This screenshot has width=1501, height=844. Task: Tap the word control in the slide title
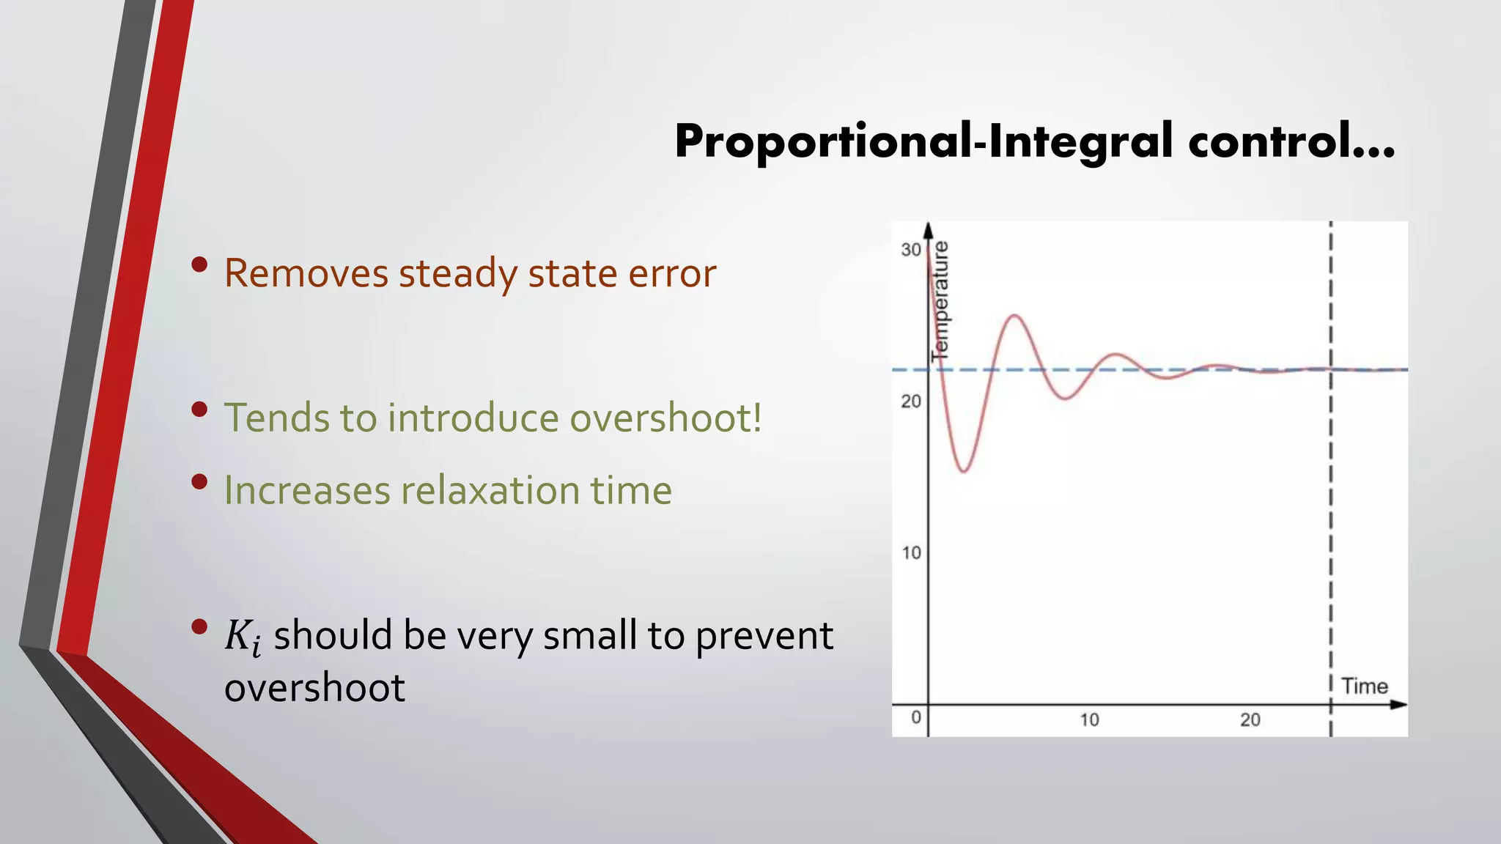coord(1290,141)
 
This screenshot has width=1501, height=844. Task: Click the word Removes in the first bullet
coord(306,274)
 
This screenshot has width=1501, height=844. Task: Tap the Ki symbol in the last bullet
coord(243,636)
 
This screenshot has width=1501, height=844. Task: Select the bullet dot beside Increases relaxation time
coord(199,482)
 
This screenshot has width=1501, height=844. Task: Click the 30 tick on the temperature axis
coord(911,250)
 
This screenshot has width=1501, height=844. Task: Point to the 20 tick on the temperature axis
coord(911,401)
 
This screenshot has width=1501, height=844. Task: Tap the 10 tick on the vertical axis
coord(911,553)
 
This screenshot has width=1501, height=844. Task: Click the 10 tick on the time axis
coord(1089,720)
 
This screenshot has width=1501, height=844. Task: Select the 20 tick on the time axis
coord(1250,720)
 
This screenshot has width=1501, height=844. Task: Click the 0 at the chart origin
coord(916,717)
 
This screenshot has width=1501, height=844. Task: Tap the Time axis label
coord(1364,686)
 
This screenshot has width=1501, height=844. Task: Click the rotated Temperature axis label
coord(940,300)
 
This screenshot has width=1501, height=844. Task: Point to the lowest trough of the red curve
coord(965,471)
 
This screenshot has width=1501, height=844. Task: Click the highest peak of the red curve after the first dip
coord(1014,316)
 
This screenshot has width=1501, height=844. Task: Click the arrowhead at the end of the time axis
coord(1399,705)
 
